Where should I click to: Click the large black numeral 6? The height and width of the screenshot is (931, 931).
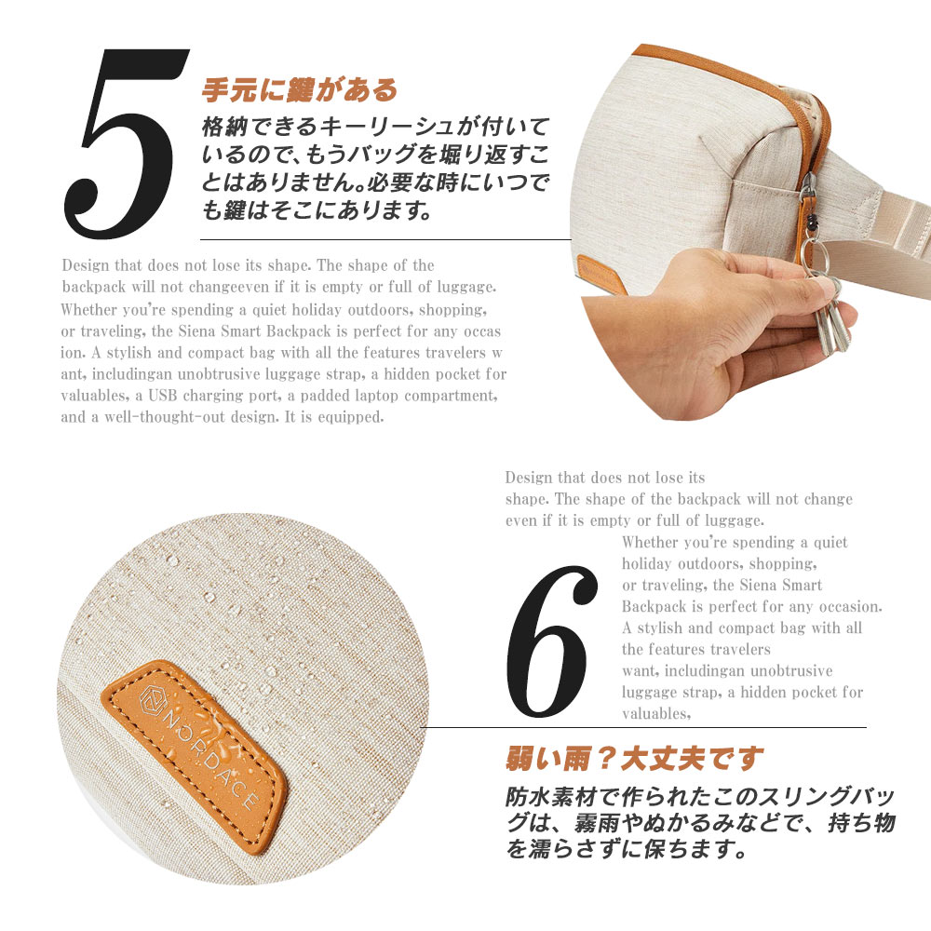point(551,641)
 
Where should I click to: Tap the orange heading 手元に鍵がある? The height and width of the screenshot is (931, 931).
point(300,90)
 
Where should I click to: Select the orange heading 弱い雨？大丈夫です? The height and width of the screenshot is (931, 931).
point(634,758)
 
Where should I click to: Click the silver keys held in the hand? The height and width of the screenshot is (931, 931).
point(830,316)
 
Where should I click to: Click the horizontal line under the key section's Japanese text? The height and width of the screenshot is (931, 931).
point(386,240)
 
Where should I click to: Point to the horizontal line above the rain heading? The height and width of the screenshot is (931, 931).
point(643,727)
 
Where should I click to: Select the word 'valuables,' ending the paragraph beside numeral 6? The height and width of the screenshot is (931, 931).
point(656,714)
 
